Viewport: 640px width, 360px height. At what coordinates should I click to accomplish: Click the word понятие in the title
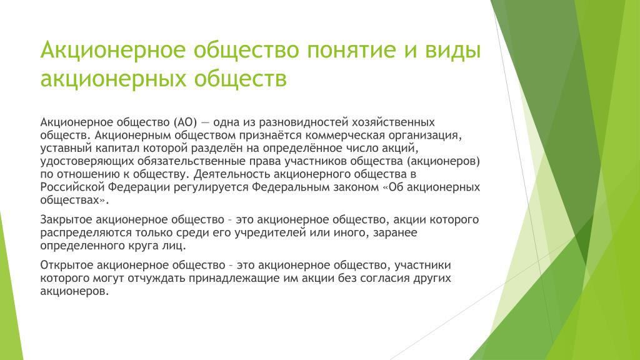tap(351, 50)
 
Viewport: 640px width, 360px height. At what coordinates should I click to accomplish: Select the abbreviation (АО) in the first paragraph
tap(185, 122)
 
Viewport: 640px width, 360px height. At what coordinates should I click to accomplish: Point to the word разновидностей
tap(304, 122)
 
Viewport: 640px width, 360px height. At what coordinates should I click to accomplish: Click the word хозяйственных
tap(394, 122)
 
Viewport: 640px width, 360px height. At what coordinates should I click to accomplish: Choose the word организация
tap(426, 136)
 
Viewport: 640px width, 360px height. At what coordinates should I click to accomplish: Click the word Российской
tap(72, 187)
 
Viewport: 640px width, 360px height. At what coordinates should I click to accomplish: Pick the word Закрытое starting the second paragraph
tap(66, 220)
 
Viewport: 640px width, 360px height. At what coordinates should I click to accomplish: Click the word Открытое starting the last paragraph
tap(66, 265)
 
